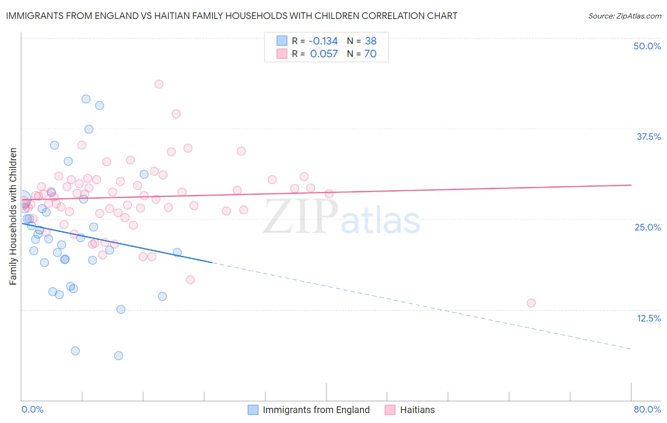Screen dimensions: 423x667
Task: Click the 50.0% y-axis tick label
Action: tap(647, 46)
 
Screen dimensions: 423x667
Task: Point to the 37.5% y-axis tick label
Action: tap(648, 137)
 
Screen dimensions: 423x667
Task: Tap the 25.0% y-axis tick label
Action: tap(648, 227)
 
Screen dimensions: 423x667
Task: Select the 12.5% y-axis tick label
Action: tap(648, 318)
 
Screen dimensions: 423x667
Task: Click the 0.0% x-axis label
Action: tap(32, 409)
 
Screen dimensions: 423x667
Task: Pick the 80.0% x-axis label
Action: tap(647, 409)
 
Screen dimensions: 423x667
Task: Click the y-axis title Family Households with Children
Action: tap(13, 216)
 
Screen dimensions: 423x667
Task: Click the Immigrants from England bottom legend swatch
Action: tap(253, 410)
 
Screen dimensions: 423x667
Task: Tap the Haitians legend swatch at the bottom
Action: tap(390, 410)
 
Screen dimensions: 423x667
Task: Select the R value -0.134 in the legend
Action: tap(324, 41)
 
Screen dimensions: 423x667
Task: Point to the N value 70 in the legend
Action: tap(370, 54)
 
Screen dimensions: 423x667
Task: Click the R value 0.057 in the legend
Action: tap(324, 54)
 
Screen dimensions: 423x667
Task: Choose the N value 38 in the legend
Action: tap(371, 41)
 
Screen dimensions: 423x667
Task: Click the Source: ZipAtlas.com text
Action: tap(624, 16)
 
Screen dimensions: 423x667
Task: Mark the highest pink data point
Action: tap(159, 84)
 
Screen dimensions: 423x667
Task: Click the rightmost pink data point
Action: tap(531, 303)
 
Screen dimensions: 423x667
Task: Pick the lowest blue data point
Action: tap(119, 356)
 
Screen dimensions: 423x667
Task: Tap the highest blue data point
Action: tap(86, 99)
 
